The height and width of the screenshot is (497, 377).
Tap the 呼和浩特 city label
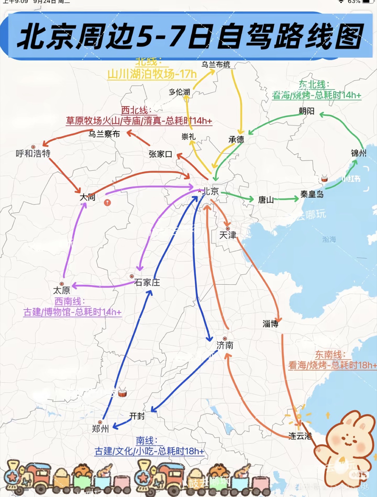coord(33,154)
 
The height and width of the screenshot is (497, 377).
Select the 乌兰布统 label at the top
coord(216,64)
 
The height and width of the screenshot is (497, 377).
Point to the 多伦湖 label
coord(179,92)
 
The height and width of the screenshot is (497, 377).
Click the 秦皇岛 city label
coord(312,194)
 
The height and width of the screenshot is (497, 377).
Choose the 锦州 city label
coord(359,153)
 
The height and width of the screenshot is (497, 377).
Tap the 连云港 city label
coord(300,436)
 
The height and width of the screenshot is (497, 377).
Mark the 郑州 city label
coord(100,429)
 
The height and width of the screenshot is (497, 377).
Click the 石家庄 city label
coord(147,282)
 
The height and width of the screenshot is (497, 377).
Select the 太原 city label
coord(62,290)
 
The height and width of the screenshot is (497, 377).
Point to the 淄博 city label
coord(270,324)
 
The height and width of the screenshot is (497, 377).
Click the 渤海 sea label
coord(329,239)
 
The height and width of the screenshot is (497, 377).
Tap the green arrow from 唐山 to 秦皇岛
coord(286,199)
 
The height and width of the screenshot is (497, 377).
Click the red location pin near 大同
coord(108,202)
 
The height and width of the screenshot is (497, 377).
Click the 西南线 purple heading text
coord(69,302)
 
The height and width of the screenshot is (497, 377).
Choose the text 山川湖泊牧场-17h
coord(152,74)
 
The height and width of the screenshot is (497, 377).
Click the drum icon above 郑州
coord(122,393)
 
